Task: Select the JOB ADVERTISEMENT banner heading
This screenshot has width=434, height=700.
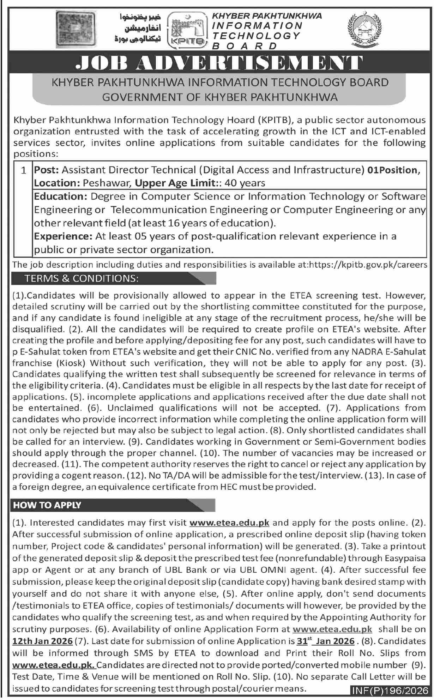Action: tap(219, 63)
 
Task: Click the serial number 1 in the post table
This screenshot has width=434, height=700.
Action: tap(23, 171)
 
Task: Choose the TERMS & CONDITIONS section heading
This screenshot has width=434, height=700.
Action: tap(81, 278)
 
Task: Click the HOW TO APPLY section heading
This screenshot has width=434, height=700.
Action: tap(47, 505)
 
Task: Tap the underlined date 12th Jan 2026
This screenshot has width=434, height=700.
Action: tap(43, 641)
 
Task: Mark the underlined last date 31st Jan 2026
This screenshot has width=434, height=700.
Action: tap(324, 641)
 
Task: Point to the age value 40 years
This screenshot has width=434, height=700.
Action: tap(245, 183)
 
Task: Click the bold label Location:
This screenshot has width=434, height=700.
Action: tap(57, 183)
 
